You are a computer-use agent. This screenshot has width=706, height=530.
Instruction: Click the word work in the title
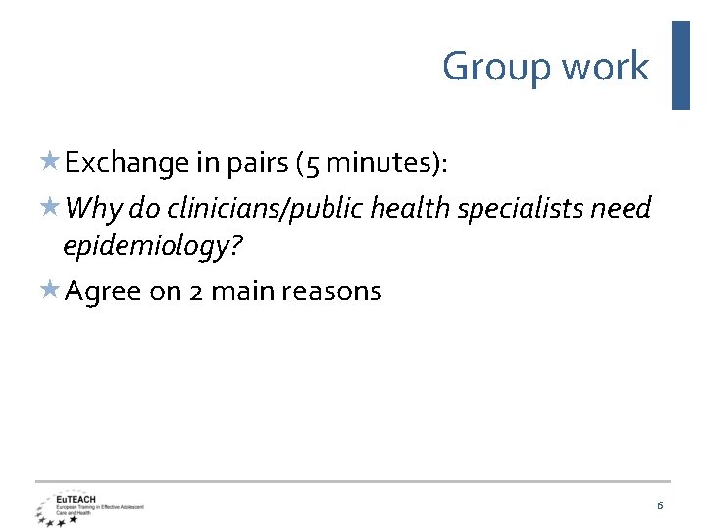click(606, 66)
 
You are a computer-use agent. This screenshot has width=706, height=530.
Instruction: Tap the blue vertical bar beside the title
click(681, 65)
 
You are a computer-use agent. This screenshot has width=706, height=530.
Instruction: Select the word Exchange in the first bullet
click(126, 163)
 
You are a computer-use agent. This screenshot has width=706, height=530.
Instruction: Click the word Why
click(94, 209)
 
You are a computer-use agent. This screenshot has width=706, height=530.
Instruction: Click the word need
click(623, 208)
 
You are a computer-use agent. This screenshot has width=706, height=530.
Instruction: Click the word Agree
click(103, 292)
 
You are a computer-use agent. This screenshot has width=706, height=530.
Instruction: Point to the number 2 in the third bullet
click(196, 291)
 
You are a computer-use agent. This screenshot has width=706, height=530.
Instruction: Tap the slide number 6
click(660, 504)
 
